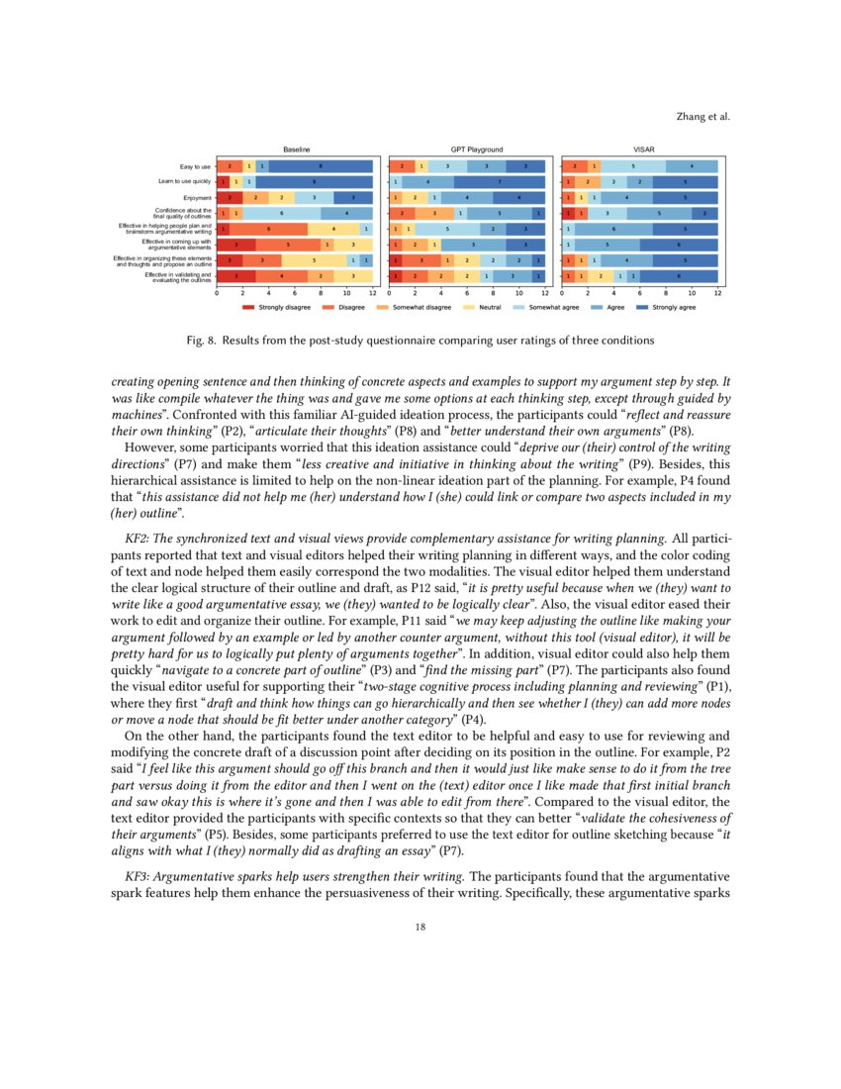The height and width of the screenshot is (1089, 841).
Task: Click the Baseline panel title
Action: point(296,148)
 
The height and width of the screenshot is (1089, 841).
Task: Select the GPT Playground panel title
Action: point(470,148)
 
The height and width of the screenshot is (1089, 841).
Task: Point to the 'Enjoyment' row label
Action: point(194,197)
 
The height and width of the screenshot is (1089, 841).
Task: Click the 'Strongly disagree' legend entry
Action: point(278,308)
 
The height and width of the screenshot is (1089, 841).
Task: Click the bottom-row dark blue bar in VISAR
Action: point(679,276)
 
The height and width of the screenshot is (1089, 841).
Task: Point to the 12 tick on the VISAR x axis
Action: point(718,294)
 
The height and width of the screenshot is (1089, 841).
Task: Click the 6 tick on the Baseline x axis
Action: point(295,294)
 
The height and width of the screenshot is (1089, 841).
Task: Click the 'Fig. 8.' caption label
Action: point(202,341)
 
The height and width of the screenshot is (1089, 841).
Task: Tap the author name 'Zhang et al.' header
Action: point(703,116)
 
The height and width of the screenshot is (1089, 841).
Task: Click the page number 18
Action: point(420,928)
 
